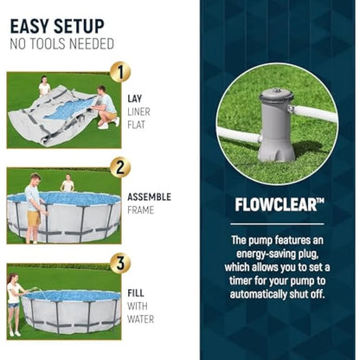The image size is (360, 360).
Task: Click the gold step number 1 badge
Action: (120, 72)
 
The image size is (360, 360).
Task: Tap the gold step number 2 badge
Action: (120, 167)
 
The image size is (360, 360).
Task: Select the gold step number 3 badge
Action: (120, 263)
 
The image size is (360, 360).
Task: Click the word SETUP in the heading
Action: (79, 26)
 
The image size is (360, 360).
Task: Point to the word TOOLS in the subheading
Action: (48, 44)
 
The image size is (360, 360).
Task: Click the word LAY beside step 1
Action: (135, 99)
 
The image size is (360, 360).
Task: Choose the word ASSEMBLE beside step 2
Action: (150, 197)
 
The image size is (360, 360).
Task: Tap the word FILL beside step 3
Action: (136, 293)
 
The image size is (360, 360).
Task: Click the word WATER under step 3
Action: (141, 319)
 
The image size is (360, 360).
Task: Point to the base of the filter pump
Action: (276, 151)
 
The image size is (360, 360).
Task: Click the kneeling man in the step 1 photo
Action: (106, 107)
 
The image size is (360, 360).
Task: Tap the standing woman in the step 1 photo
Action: (44, 86)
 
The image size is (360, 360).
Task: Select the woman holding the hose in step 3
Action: (14, 305)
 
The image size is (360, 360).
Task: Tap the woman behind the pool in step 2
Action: (67, 183)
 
